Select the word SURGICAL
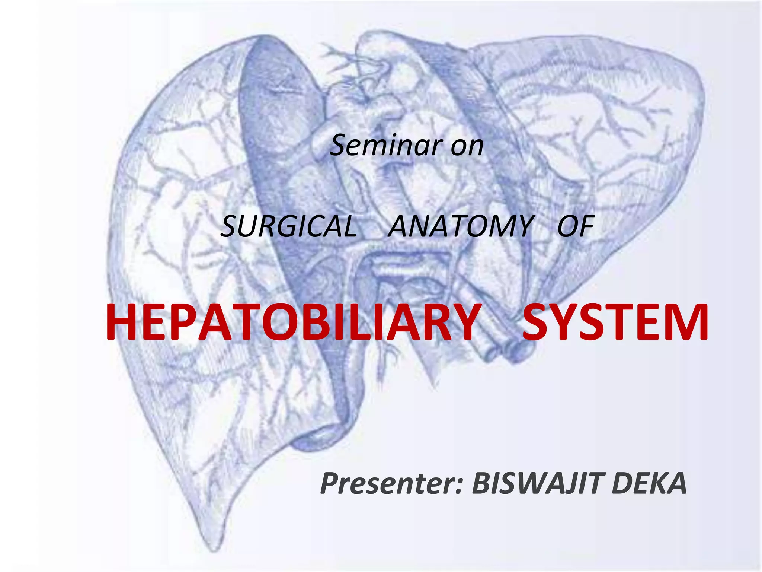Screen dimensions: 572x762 pyautogui.click(x=288, y=226)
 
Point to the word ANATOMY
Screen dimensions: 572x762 pyautogui.click(x=461, y=226)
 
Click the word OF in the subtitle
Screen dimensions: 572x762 pyautogui.click(x=575, y=226)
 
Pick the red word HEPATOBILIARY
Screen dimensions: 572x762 pyautogui.click(x=292, y=322)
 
